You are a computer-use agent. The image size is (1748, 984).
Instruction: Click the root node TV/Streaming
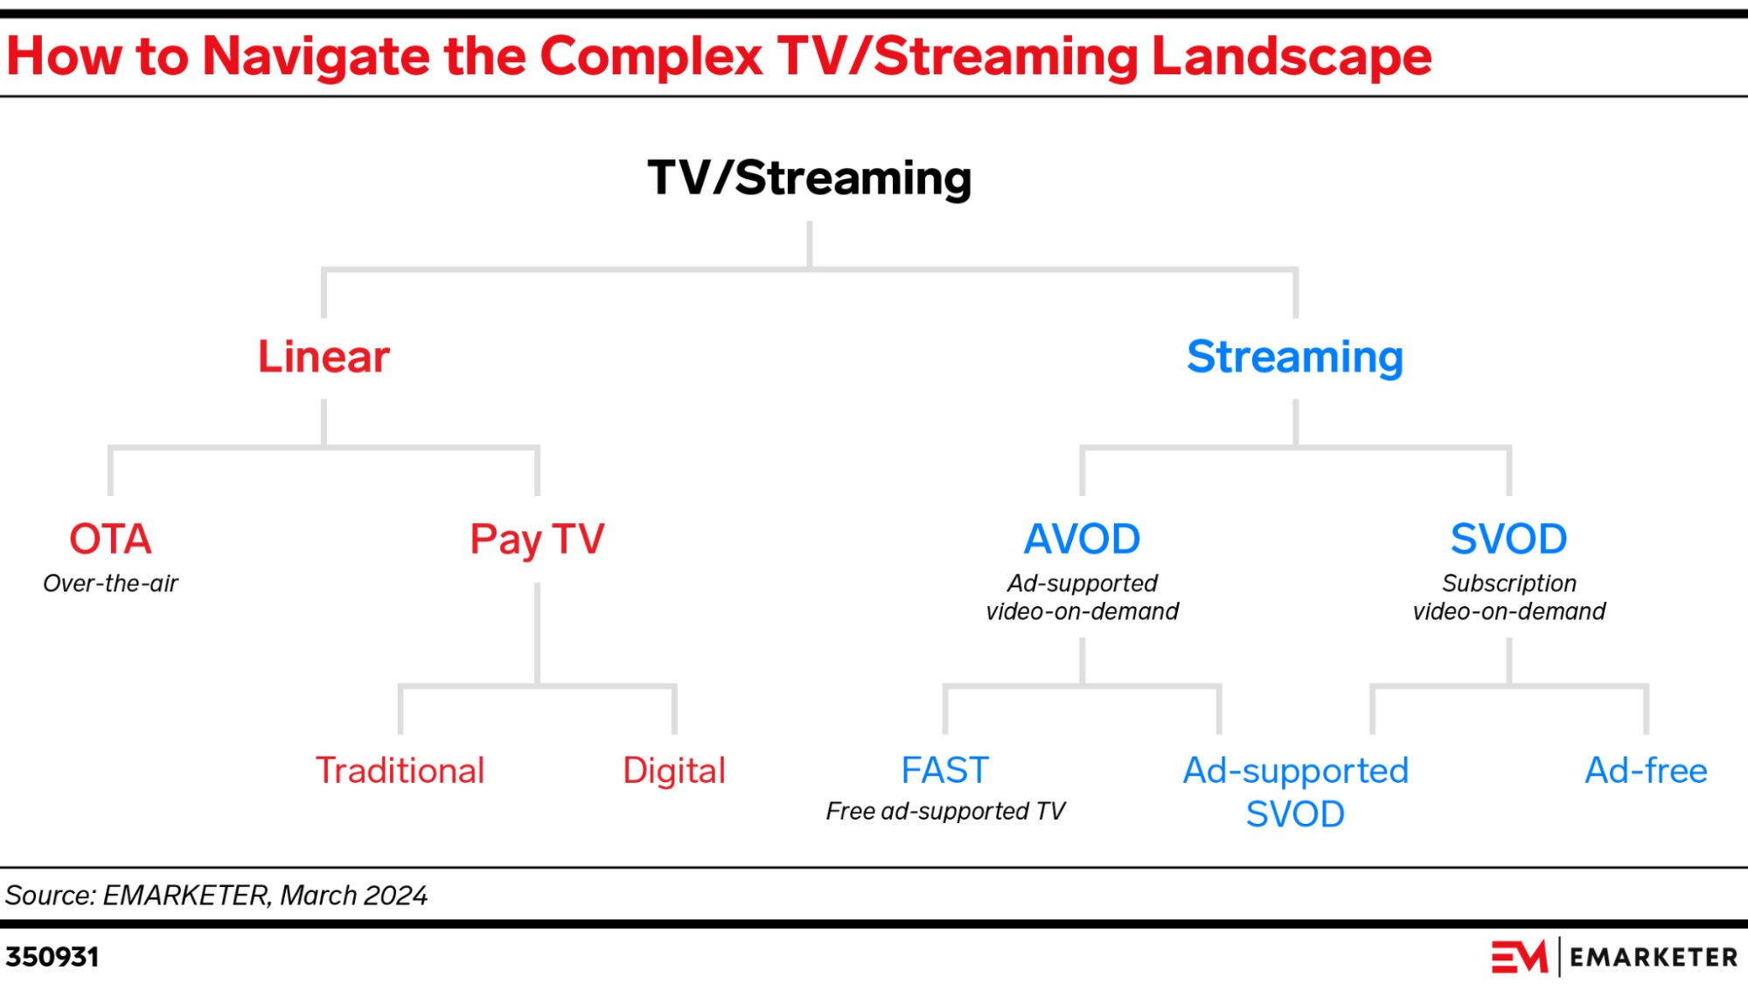coord(809,178)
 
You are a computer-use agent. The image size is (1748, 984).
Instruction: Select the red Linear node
coord(324,357)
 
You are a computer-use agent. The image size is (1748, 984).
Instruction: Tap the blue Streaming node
coord(1295,357)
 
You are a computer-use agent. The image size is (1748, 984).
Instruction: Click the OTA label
coord(110,539)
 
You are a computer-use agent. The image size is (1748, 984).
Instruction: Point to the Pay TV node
coord(537,539)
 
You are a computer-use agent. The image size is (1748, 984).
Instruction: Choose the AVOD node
coord(1082,539)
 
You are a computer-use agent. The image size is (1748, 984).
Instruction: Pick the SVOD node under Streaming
coord(1508,539)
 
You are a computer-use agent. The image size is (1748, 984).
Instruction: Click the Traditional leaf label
coord(400,771)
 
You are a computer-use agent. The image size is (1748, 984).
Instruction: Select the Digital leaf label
coord(674,771)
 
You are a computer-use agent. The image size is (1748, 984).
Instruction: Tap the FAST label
coord(944,771)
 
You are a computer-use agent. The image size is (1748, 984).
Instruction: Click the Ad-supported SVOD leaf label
coord(1295,792)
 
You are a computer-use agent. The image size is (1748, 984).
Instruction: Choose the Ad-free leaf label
coord(1646,771)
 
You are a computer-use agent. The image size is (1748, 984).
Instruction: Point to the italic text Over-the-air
coord(110,583)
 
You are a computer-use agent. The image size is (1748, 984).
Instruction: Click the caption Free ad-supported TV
coord(944,812)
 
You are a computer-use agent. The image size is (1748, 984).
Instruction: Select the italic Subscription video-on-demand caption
coord(1508,597)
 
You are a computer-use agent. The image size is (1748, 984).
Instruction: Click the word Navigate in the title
coord(316,57)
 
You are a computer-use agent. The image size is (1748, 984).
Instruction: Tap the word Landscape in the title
coord(1291,57)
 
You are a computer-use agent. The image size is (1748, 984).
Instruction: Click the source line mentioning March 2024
coord(216,896)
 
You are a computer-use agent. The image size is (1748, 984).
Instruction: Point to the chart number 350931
coord(52,957)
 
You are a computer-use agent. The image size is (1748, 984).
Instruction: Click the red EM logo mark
coord(1519,957)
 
